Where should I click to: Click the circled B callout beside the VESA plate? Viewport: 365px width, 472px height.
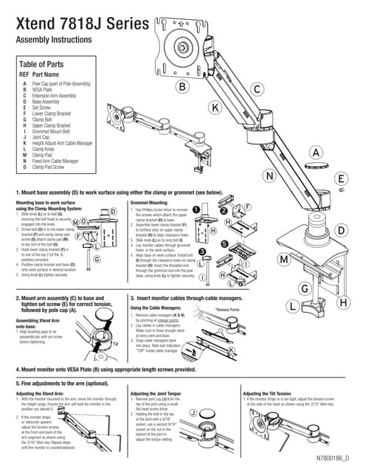point(181,87)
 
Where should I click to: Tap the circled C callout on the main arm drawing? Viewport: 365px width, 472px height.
point(257,89)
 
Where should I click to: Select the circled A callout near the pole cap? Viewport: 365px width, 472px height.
point(315,153)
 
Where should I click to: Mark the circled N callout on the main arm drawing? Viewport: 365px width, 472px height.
point(270,176)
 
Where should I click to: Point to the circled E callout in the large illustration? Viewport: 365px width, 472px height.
point(341,178)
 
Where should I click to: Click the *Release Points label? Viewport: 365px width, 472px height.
point(228,310)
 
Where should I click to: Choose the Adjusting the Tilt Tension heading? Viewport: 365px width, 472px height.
point(277,394)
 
